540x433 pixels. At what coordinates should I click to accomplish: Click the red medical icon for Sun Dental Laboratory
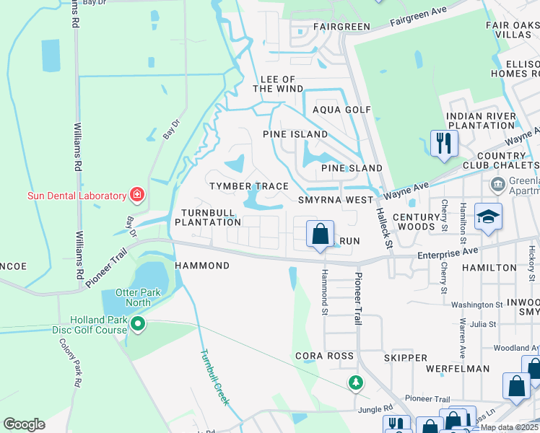136,195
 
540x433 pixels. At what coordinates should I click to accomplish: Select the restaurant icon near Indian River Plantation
444,142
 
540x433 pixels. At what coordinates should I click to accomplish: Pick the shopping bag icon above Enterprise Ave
321,234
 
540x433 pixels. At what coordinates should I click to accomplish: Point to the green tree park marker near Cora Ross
354,382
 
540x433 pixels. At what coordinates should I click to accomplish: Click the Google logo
24,424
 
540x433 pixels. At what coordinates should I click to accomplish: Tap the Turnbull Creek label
214,377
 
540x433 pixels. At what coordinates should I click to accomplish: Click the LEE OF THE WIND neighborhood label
278,84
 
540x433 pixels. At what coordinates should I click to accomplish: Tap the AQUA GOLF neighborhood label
341,110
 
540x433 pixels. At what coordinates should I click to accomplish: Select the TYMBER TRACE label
249,186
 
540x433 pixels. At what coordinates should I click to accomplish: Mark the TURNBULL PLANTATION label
201,217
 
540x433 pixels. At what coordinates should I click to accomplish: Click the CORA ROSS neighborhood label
325,357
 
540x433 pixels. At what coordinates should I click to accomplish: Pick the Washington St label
476,305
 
